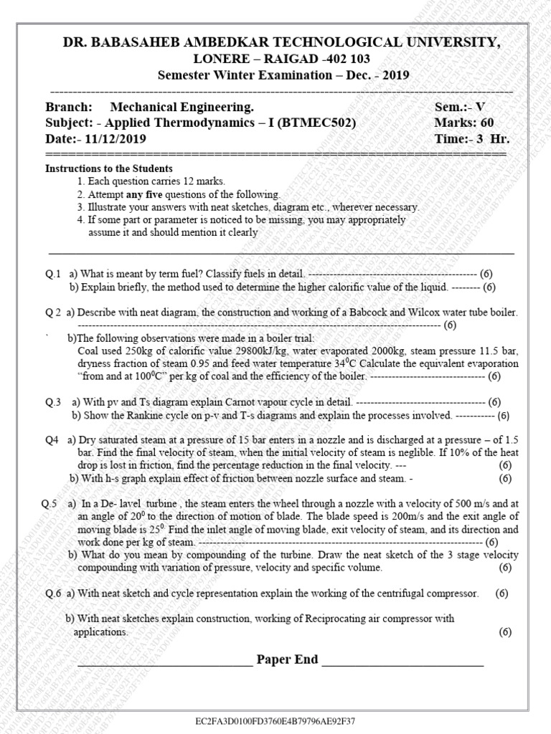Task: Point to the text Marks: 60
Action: pos(464,123)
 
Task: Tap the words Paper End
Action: pos(287,659)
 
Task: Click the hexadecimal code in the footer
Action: pos(275,720)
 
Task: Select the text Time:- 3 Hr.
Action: pos(466,139)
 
